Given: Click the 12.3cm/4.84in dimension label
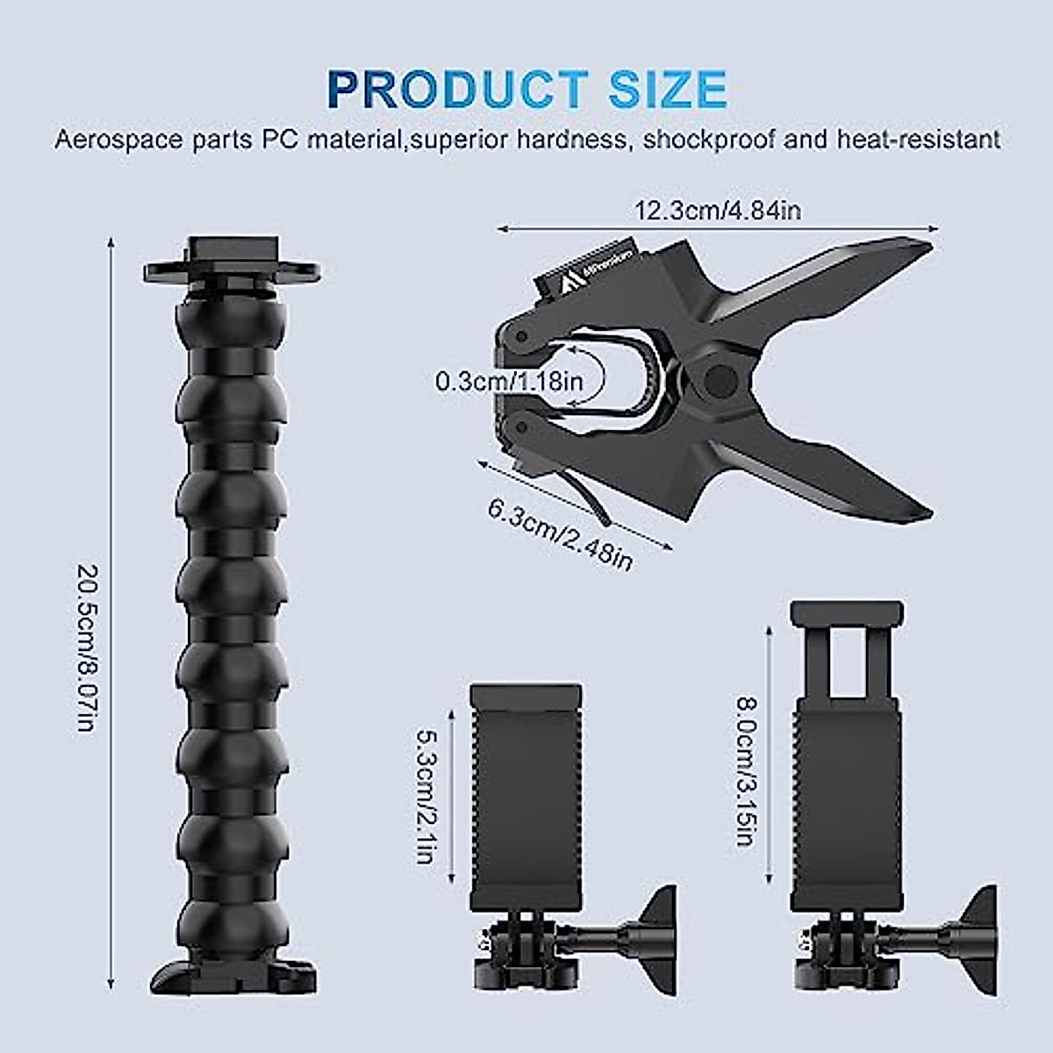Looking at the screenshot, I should pyautogui.click(x=717, y=211).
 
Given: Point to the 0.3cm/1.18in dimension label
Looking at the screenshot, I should pyautogui.click(x=509, y=381).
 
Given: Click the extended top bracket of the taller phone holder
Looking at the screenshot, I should pyautogui.click(x=846, y=614).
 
